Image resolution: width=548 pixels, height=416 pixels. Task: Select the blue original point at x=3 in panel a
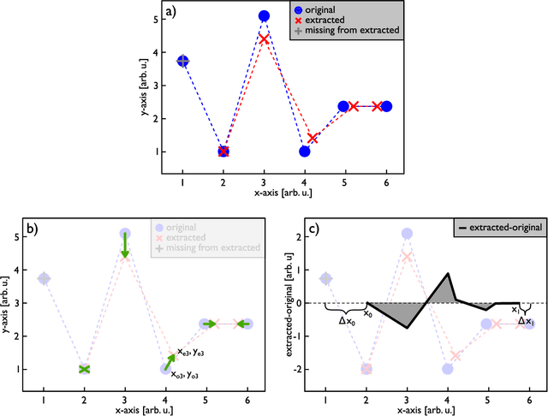[x=264, y=16]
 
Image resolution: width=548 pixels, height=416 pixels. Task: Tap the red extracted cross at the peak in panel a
[x=264, y=39]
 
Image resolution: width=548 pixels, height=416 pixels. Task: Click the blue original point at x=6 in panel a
[x=386, y=106]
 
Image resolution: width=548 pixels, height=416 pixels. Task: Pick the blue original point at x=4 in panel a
[x=304, y=152]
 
